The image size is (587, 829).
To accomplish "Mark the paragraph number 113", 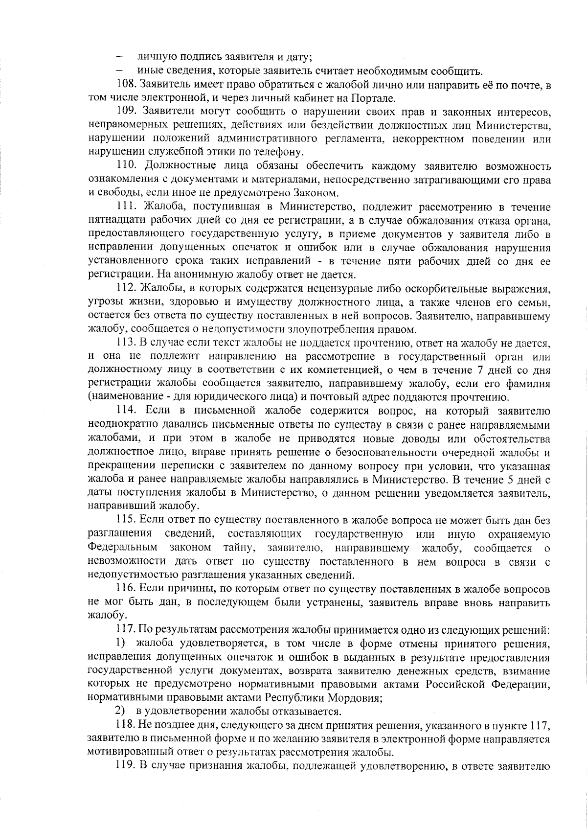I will pos(126,343).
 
